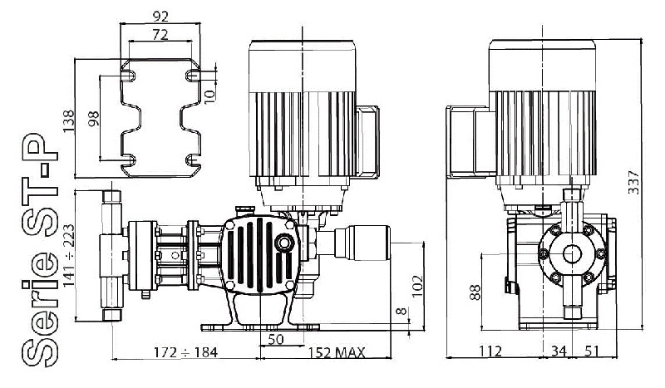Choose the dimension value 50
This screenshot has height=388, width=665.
[276, 340]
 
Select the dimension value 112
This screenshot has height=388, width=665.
[491, 352]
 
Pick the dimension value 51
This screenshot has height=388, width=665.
[592, 352]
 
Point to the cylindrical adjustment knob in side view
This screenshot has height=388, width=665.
[364, 243]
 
